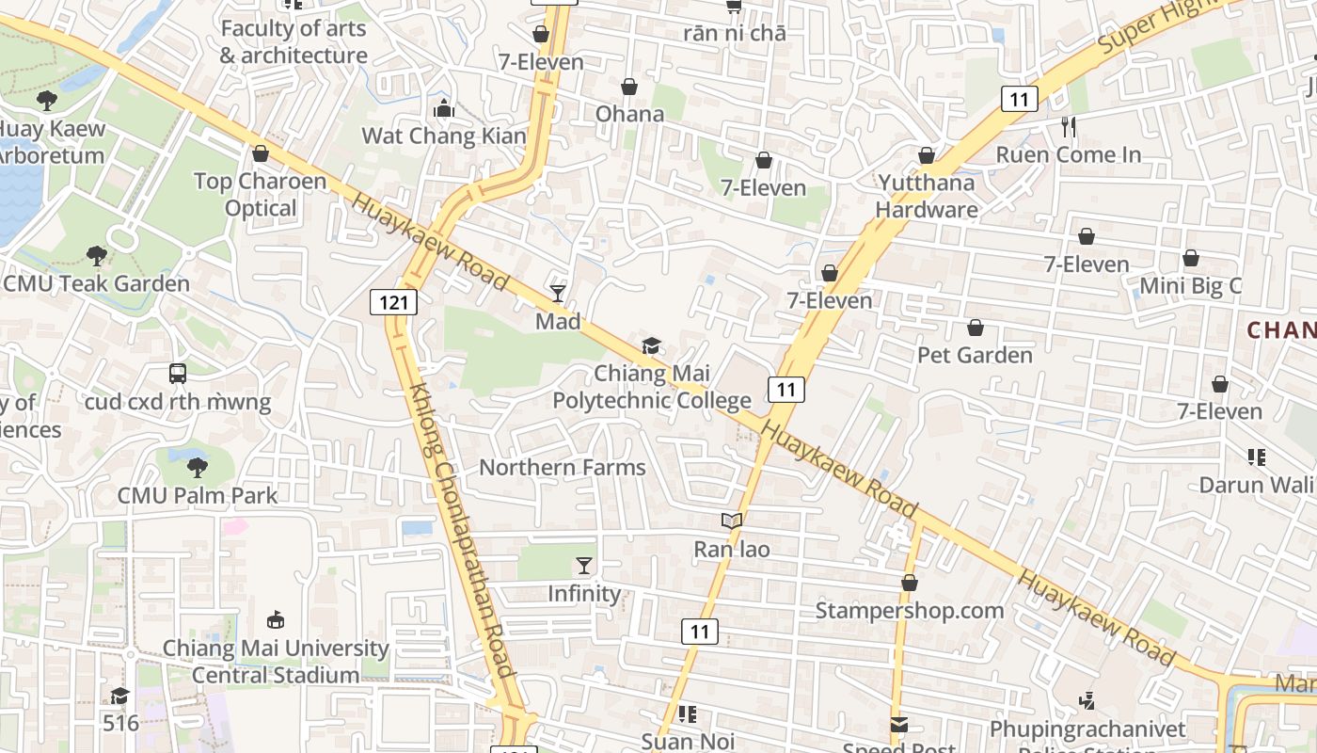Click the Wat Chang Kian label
[444, 136]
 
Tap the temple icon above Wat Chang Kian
[444, 109]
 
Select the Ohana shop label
[629, 114]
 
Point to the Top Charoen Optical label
[261, 194]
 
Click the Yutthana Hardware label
[927, 196]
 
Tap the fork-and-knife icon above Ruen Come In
[1068, 127]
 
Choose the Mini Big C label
[1190, 285]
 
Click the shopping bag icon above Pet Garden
[976, 328]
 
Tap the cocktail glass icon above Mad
[558, 294]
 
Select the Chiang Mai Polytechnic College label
[651, 387]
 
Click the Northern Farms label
[563, 467]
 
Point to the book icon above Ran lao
[732, 521]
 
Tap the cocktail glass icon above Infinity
[584, 566]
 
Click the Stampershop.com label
[909, 610]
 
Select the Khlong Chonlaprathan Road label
[463, 529]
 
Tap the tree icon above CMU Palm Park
[197, 467]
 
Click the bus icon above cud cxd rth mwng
[178, 374]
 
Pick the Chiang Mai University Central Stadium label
[276, 661]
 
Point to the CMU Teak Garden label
[96, 283]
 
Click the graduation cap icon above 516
[119, 696]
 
